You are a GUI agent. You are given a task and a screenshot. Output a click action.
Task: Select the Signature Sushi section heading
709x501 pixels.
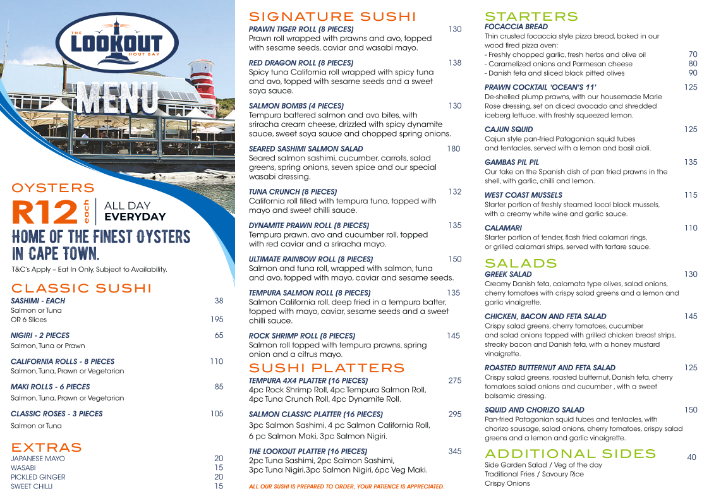click(332, 16)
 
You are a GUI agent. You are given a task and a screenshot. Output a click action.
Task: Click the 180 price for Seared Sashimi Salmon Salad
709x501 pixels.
click(453, 149)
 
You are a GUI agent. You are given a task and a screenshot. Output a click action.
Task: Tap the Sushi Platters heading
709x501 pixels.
click(327, 368)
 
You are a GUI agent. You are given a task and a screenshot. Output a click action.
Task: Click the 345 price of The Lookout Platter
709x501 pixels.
click(454, 451)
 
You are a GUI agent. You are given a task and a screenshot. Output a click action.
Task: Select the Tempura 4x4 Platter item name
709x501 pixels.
click(308, 381)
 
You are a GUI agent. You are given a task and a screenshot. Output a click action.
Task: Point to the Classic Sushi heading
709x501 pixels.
click(82, 289)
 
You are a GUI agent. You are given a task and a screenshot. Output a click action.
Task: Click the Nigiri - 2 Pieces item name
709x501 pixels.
click(40, 335)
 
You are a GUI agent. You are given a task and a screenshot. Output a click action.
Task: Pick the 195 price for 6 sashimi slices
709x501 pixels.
click(217, 320)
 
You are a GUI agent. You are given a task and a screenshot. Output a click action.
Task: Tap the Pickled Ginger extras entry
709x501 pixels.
click(38, 477)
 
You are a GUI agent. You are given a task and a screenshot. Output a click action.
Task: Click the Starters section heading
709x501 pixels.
click(531, 16)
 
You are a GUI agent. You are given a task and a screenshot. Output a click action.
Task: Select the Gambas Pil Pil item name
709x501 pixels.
click(512, 162)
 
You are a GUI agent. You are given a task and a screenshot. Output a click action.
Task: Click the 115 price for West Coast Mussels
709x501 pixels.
click(690, 195)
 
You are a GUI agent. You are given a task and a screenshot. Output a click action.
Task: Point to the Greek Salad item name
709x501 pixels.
click(508, 275)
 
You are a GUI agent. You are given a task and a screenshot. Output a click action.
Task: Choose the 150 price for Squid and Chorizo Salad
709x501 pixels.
click(690, 410)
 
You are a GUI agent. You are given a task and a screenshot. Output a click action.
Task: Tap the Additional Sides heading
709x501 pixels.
click(570, 454)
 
